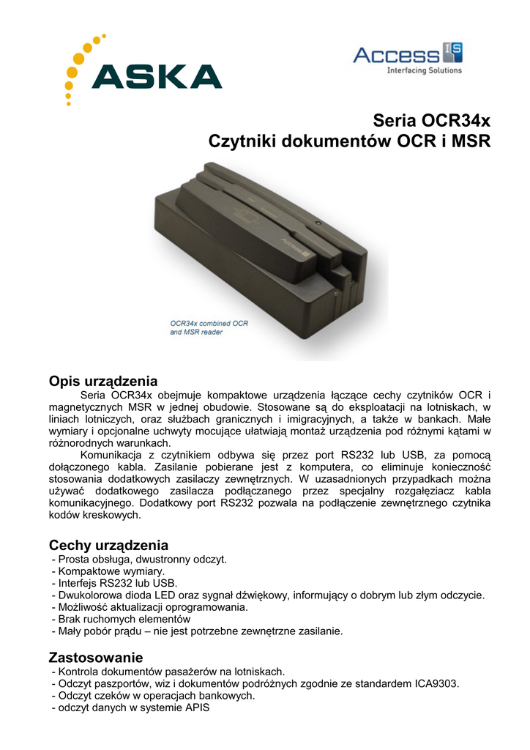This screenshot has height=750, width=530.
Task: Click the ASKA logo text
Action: (x=157, y=76)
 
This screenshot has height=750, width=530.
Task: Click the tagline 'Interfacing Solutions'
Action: (x=424, y=70)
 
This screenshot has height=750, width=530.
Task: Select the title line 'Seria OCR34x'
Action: (x=431, y=119)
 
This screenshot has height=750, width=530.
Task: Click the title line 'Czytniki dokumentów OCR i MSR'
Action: (x=349, y=141)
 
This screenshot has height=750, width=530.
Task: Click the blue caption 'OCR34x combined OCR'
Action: (x=209, y=322)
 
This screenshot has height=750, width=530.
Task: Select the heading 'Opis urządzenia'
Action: (x=102, y=381)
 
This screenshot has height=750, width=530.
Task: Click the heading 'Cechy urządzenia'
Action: (x=108, y=545)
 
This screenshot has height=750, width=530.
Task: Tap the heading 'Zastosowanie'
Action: (x=95, y=656)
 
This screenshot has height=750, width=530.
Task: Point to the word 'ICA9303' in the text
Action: (x=436, y=683)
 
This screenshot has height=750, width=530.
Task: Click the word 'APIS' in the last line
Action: (x=197, y=708)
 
